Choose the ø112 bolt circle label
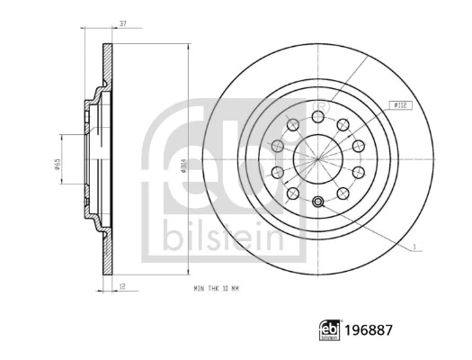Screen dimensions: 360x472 (401, 105)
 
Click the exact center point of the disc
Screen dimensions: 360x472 (317, 157)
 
